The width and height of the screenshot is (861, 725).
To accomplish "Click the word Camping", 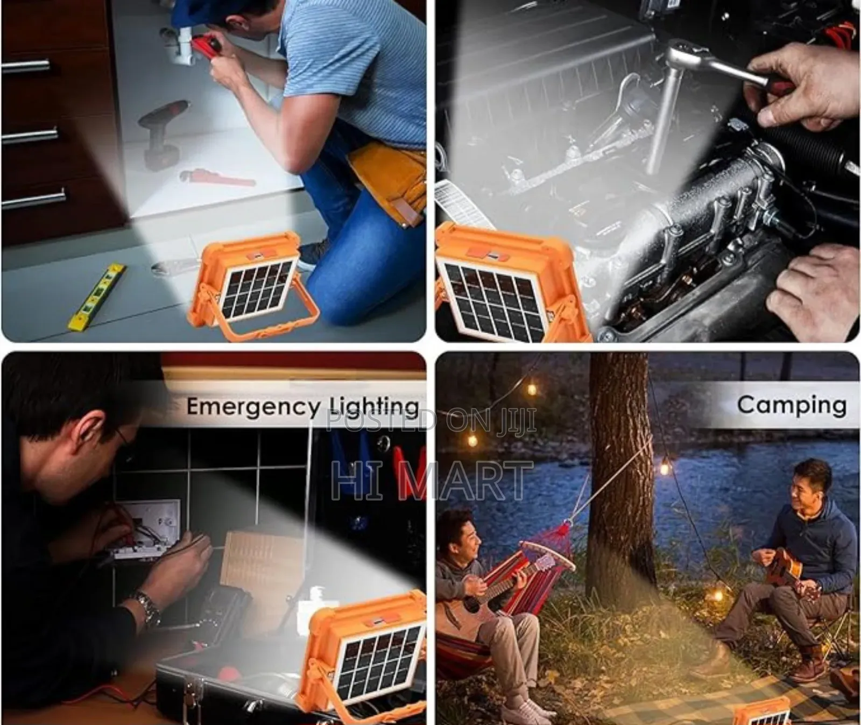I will tap(792, 405).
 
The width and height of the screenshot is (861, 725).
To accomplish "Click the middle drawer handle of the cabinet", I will tap(30, 135).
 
